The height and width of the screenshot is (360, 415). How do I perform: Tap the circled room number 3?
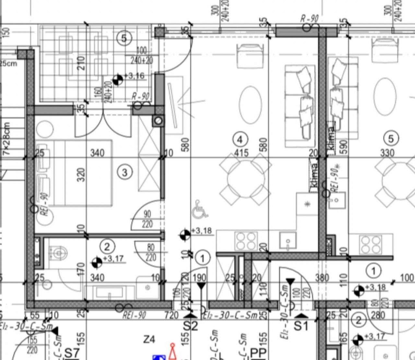tap(125, 172)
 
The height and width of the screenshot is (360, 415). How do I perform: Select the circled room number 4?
tap(240, 140)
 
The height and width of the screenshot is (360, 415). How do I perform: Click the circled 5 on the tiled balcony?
tap(124, 39)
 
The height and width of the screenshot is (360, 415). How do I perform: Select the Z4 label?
tap(149, 339)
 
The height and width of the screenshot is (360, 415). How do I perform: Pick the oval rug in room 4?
tap(250, 104)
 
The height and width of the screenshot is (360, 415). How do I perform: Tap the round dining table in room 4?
tap(245, 180)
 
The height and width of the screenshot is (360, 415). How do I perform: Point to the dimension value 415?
tap(241, 152)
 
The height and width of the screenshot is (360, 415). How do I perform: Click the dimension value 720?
tap(172, 315)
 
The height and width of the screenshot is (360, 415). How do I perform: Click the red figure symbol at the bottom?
tap(172, 351)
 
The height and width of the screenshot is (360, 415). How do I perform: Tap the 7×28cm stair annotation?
tap(6, 138)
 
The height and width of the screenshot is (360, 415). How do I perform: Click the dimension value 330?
tap(387, 152)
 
